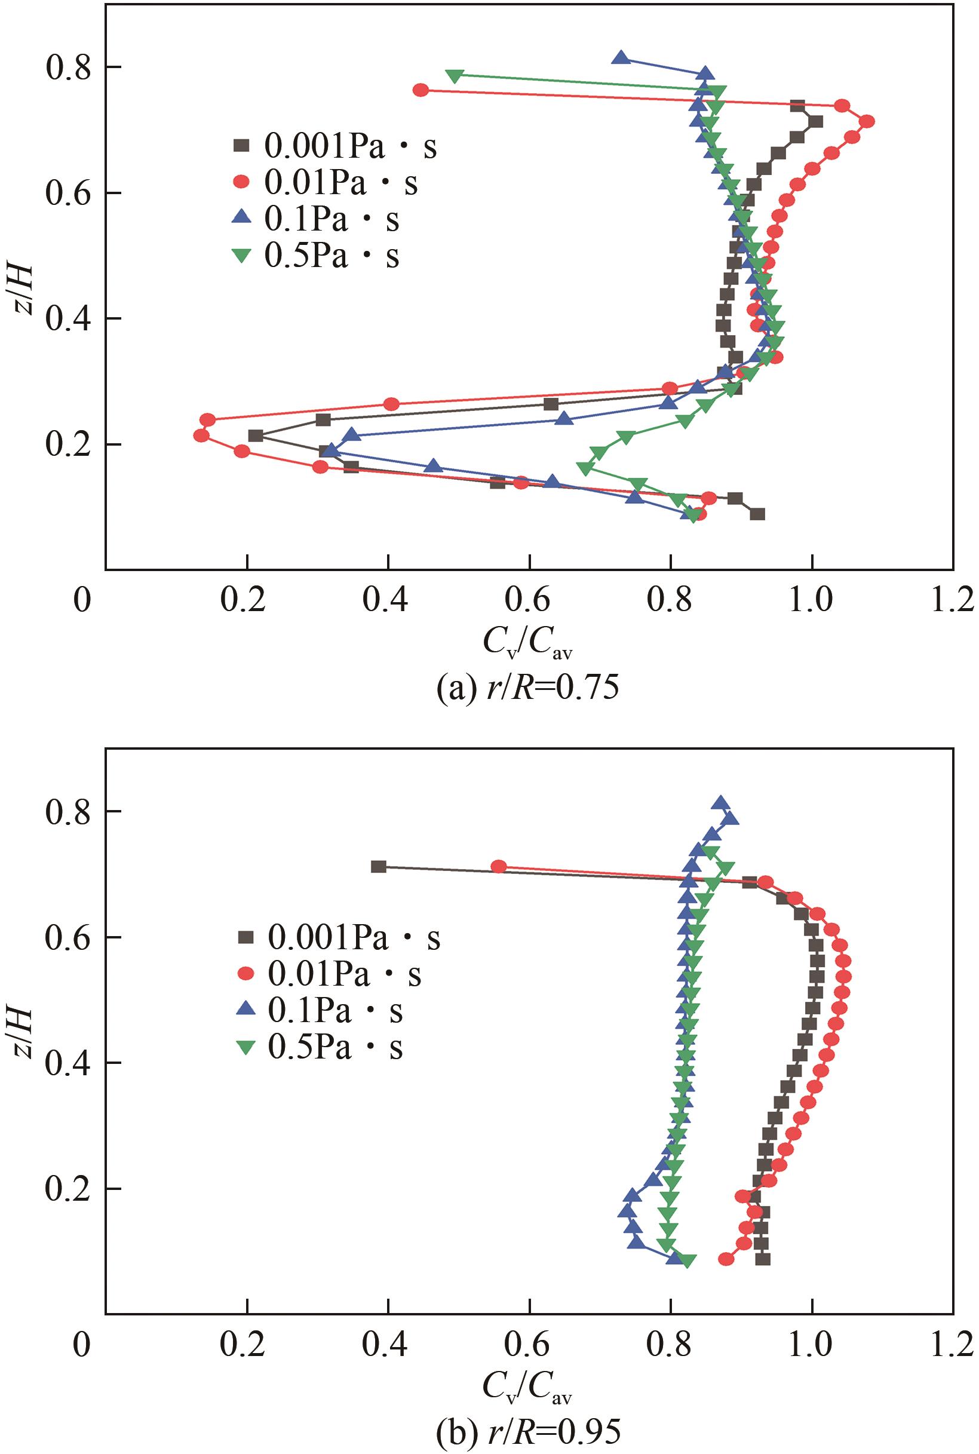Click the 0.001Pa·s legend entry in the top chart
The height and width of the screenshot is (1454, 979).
[333, 147]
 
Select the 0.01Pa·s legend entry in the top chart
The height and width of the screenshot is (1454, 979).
[324, 183]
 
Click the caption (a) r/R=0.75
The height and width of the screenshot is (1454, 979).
[527, 689]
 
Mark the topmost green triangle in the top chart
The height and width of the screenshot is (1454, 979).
[455, 75]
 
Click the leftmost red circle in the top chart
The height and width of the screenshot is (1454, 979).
[201, 435]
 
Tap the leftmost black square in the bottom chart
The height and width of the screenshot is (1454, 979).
[378, 867]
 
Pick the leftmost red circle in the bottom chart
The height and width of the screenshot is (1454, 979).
[498, 867]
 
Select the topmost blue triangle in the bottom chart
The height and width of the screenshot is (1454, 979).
[721, 803]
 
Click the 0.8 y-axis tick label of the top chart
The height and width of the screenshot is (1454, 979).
[68, 68]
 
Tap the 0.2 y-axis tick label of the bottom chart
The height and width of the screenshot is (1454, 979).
[68, 1189]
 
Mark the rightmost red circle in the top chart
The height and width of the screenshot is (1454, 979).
[867, 121]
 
